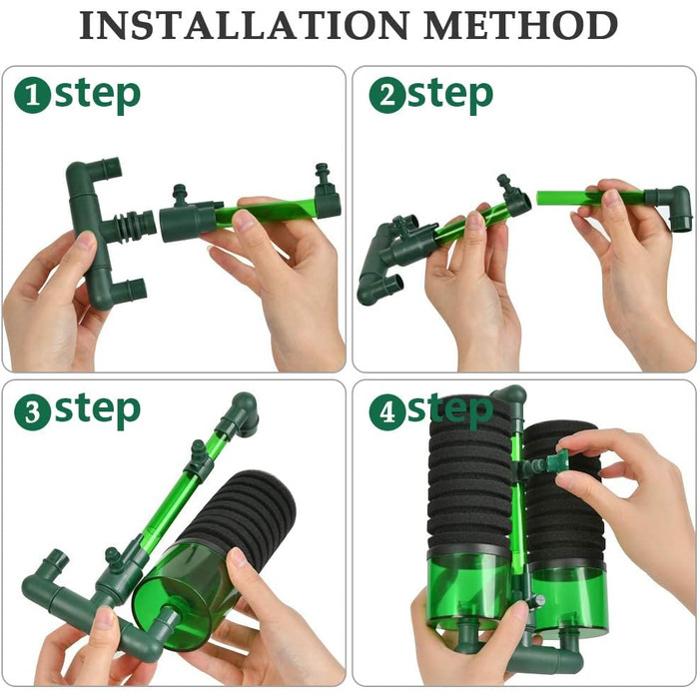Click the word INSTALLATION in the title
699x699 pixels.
tap(244, 25)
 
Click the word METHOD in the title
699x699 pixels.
tap(520, 25)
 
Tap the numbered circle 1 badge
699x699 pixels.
tap(33, 95)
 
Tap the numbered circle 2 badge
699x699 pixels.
tap(387, 95)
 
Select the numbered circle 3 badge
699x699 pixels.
tap(33, 412)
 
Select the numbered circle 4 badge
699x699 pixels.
tap(387, 412)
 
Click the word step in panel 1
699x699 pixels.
tap(98, 95)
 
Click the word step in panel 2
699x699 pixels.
tap(450, 95)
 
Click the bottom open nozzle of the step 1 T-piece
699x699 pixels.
tap(135, 289)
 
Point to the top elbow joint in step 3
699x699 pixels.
tap(243, 413)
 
